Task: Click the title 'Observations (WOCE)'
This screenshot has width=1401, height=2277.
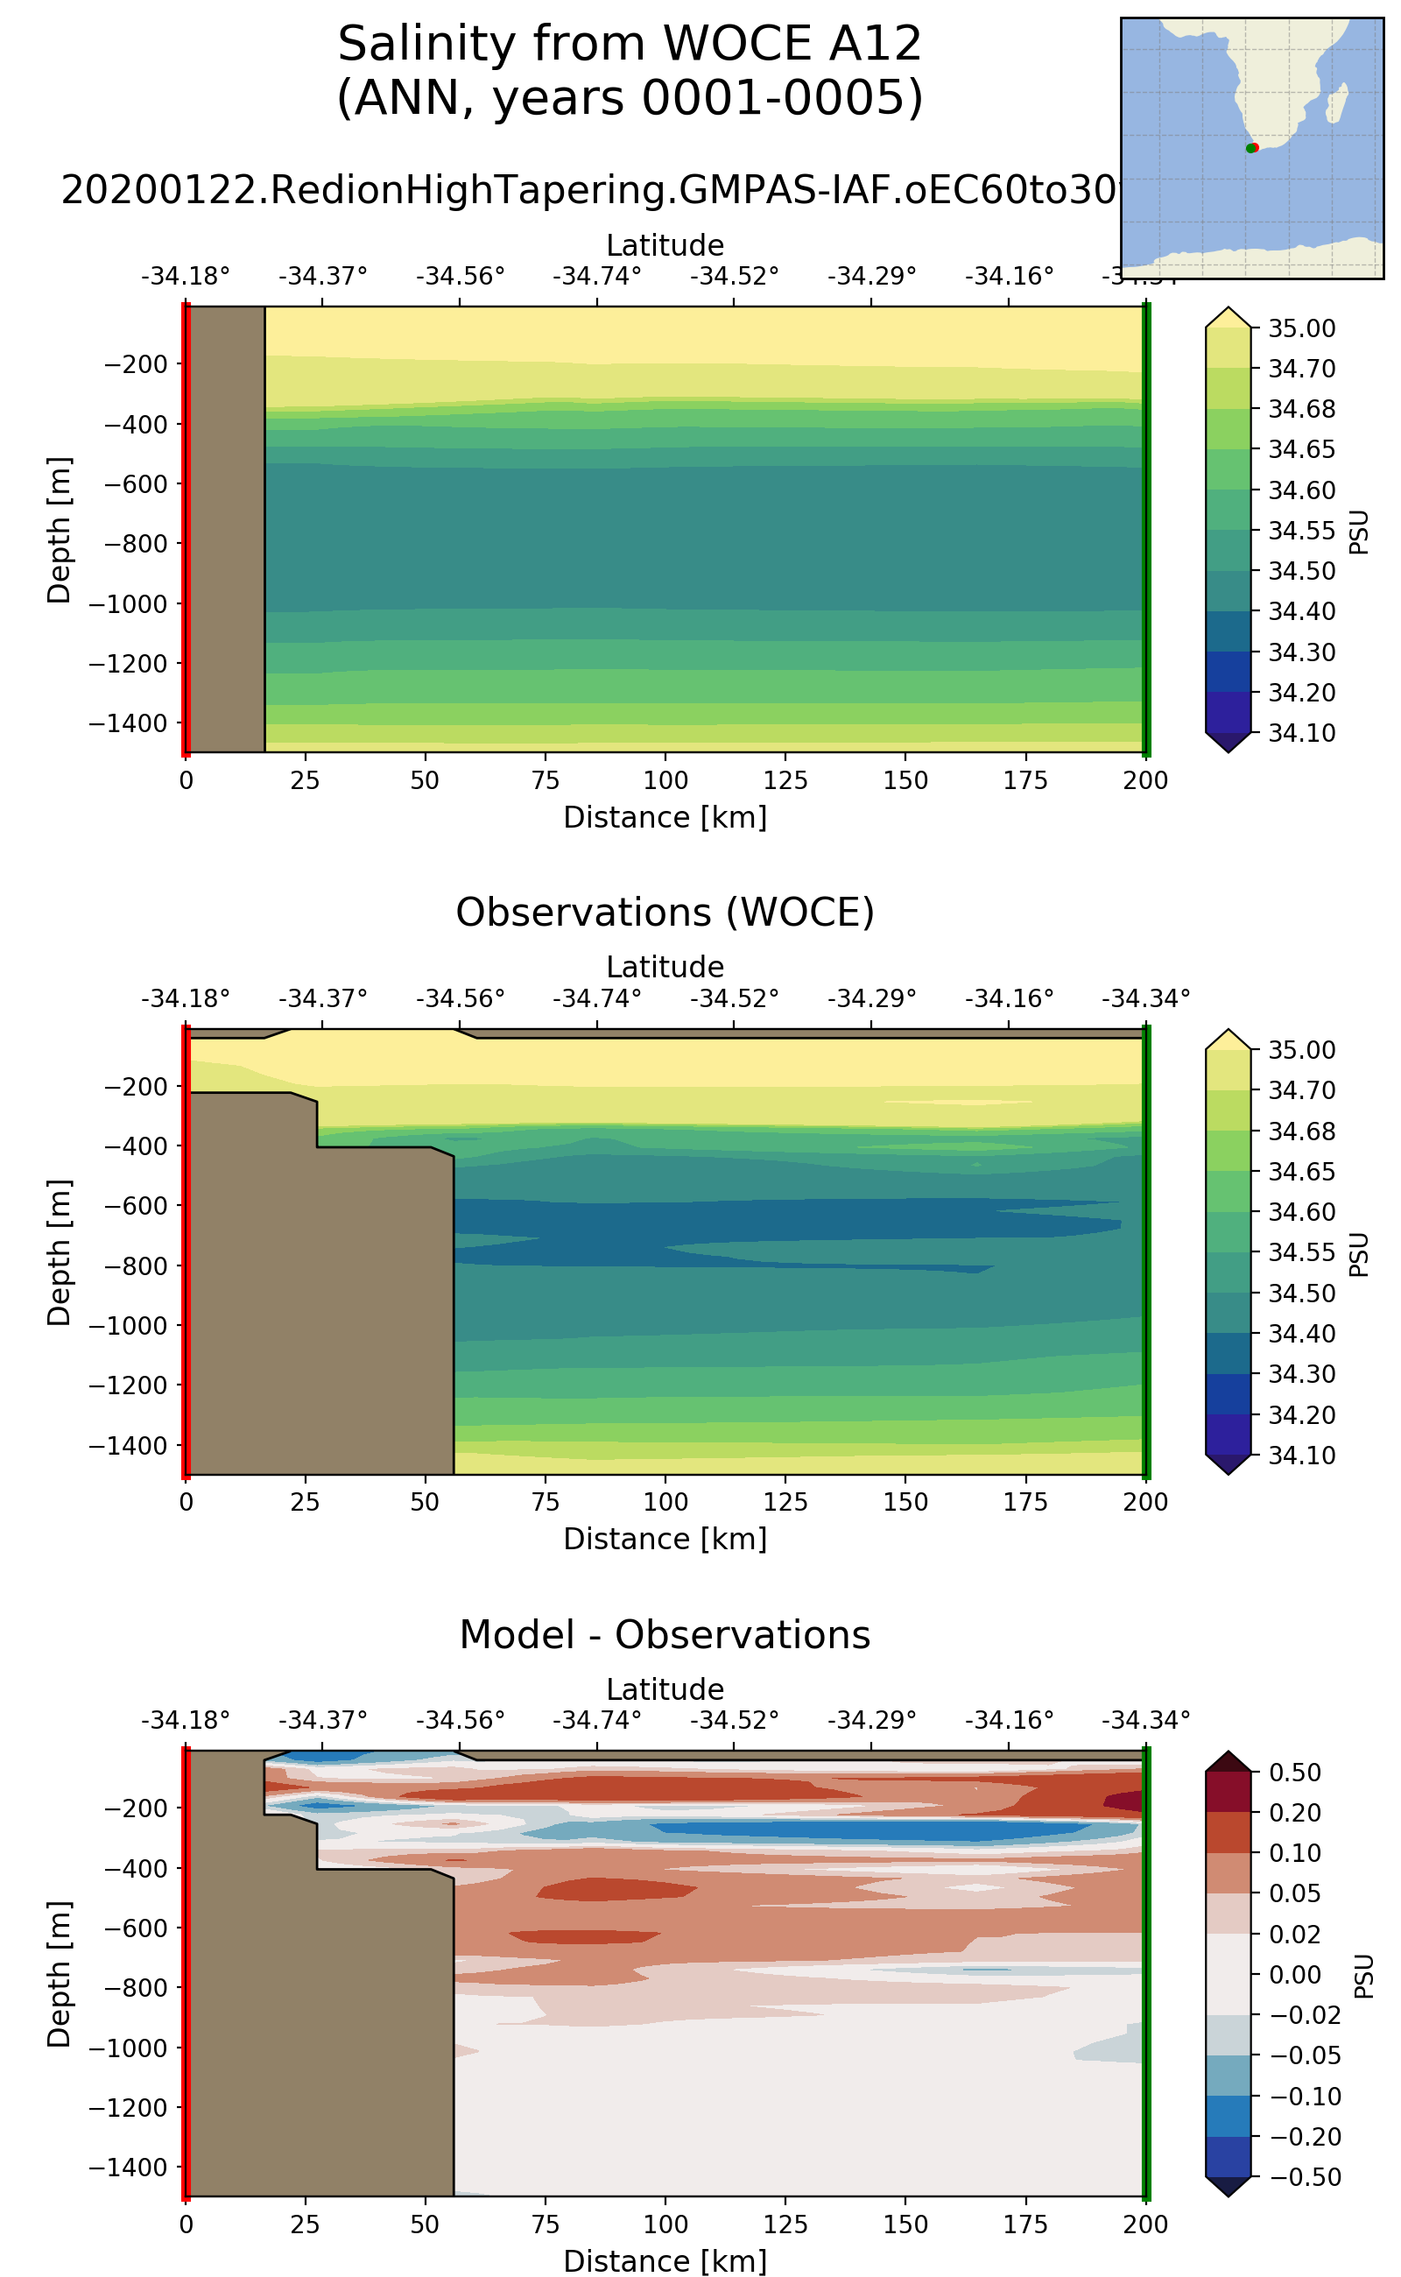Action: coord(665,913)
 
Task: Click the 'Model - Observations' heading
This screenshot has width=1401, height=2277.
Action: coord(665,1635)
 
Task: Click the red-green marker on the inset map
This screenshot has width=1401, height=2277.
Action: coord(1252,148)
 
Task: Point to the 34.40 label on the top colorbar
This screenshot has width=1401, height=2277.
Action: coord(1301,611)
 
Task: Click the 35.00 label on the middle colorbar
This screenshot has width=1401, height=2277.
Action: coord(1301,1050)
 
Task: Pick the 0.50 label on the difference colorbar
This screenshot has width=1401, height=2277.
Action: coord(1294,1772)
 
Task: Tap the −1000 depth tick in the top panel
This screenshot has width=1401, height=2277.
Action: coord(127,604)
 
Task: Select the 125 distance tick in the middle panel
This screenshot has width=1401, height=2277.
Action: coord(785,1501)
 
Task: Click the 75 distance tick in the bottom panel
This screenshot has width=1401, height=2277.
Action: coord(545,2224)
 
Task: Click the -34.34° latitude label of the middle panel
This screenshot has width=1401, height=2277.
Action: coord(1145,998)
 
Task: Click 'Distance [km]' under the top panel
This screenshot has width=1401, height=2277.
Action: coord(665,817)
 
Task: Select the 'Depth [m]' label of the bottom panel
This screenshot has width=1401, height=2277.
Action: coord(59,1974)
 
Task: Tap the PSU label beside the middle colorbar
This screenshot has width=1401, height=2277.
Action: coord(1358,1254)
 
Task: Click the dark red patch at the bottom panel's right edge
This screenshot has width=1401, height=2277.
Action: coord(1123,1801)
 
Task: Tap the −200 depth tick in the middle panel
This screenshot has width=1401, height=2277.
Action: coord(134,1086)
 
